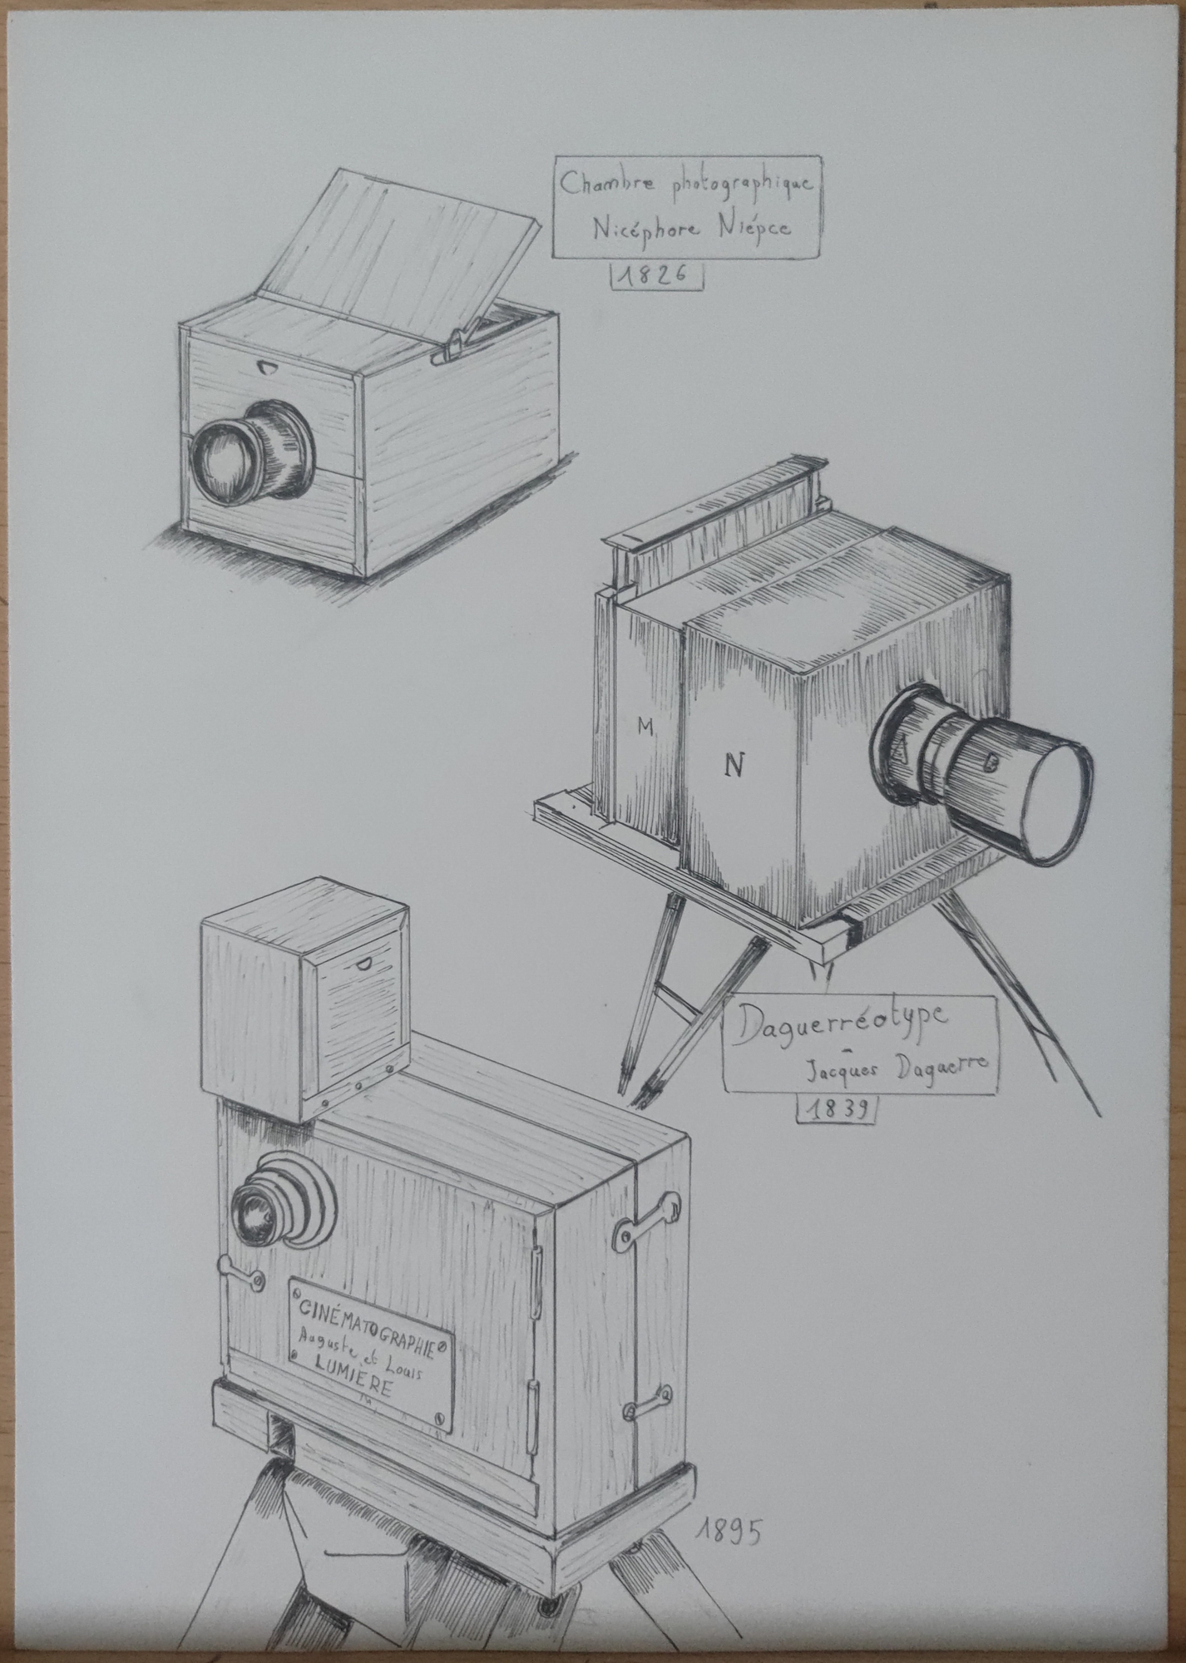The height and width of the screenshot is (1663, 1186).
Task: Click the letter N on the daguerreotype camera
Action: tap(733, 765)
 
